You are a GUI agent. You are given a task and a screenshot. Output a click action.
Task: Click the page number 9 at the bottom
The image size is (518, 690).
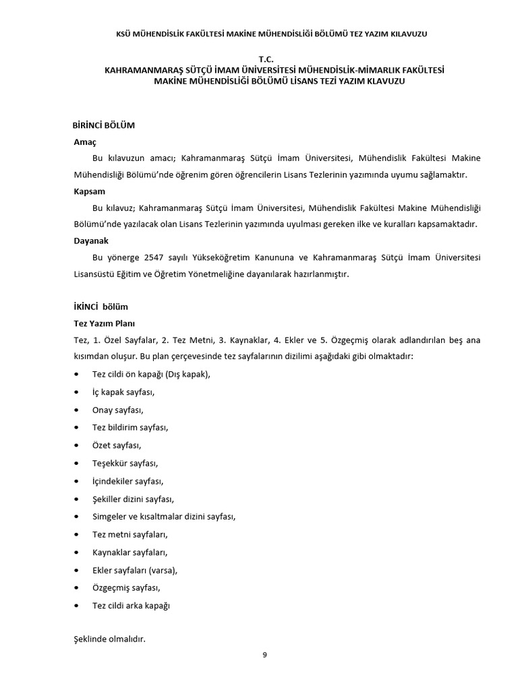click(265, 653)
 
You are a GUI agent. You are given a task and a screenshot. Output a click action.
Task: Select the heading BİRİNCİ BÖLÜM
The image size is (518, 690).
click(104, 125)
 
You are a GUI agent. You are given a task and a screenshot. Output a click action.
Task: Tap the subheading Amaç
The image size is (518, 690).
click(86, 142)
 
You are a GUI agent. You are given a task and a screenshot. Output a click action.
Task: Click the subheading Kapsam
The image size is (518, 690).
click(90, 191)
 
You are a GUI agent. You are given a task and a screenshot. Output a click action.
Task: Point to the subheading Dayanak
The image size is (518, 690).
click(91, 240)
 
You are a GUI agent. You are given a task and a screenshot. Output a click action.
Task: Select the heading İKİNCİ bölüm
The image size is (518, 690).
click(100, 306)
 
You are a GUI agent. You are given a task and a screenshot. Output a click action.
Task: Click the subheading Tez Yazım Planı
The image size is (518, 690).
click(105, 323)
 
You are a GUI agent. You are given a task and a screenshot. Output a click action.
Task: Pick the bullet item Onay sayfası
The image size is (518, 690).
click(118, 410)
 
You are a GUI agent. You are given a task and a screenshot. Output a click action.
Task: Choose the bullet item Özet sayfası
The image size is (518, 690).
click(117, 445)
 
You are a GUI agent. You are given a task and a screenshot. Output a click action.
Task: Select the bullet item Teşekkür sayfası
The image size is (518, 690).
click(125, 463)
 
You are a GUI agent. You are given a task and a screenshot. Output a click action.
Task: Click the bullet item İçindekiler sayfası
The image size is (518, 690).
click(128, 481)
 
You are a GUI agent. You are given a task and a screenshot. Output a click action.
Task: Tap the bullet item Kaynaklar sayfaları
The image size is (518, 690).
click(129, 553)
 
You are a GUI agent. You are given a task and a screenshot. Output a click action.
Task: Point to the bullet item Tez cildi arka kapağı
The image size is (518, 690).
click(132, 605)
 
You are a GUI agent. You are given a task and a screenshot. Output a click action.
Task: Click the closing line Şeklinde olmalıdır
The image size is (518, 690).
click(109, 637)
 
